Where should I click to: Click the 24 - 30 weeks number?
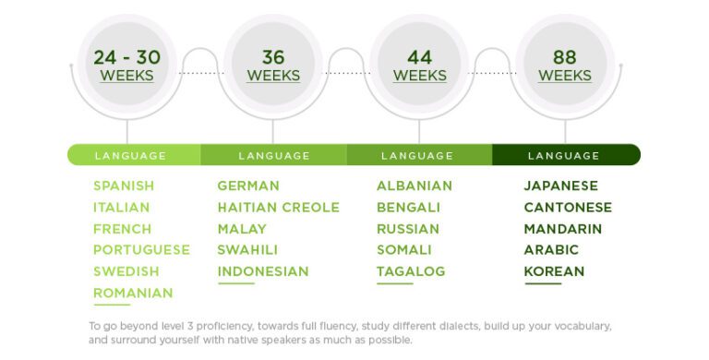tap(126, 57)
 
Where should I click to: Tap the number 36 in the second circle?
tap(272, 57)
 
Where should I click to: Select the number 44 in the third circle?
tap(419, 57)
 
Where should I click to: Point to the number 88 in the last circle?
tap(564, 57)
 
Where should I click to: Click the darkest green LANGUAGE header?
tap(564, 155)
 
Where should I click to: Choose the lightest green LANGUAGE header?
tap(130, 155)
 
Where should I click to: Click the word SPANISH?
tap(124, 186)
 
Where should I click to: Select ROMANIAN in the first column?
tap(133, 293)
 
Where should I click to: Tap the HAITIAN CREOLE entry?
tap(278, 207)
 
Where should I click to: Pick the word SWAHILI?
tap(247, 249)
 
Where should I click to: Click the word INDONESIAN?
tap(263, 271)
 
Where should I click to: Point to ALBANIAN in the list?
tap(415, 186)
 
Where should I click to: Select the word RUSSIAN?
tap(408, 228)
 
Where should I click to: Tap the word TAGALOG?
tap(411, 271)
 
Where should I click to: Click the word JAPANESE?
tap(561, 186)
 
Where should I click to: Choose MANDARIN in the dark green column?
tap(563, 228)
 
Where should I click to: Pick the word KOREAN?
tap(554, 271)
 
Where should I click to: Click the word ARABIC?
tap(551, 249)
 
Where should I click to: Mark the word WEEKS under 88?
tap(564, 76)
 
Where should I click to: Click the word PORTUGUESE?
tap(141, 249)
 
